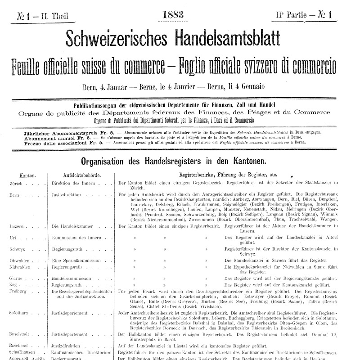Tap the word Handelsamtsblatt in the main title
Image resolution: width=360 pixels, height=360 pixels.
pos(238,39)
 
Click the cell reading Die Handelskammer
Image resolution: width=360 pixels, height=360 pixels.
pos(72,226)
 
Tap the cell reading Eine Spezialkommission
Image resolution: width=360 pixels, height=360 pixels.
pos(76,261)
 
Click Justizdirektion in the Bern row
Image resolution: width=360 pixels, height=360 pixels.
pos(66,195)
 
